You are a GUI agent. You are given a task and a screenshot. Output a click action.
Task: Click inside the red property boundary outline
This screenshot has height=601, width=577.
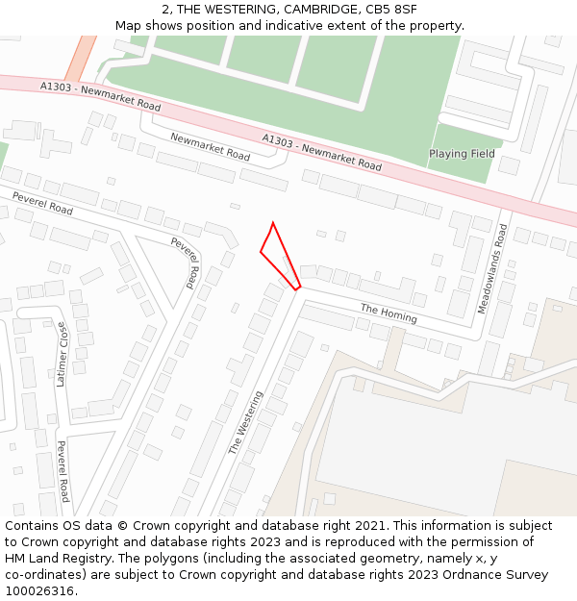(278, 255)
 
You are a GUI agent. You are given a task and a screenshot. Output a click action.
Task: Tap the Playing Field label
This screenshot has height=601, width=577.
(462, 154)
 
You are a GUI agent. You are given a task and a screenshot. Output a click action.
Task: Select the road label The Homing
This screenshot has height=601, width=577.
(389, 313)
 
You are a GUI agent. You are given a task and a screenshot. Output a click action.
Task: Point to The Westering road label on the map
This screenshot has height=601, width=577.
(244, 422)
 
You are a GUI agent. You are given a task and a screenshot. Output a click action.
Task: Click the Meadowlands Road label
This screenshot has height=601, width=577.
(490, 268)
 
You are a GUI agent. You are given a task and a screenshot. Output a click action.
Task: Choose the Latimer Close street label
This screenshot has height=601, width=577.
(63, 354)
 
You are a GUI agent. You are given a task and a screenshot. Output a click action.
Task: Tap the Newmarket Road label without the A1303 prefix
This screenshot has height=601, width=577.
(210, 146)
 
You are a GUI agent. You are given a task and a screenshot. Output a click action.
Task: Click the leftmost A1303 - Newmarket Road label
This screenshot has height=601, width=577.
(100, 95)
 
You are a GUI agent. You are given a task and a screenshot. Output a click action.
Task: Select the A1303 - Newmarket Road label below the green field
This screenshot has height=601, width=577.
(321, 152)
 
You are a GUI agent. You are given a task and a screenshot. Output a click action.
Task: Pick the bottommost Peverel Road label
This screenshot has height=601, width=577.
(63, 471)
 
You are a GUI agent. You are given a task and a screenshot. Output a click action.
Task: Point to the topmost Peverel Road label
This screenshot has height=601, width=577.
(41, 203)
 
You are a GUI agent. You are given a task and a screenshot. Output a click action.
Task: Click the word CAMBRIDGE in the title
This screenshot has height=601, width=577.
(323, 10)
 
